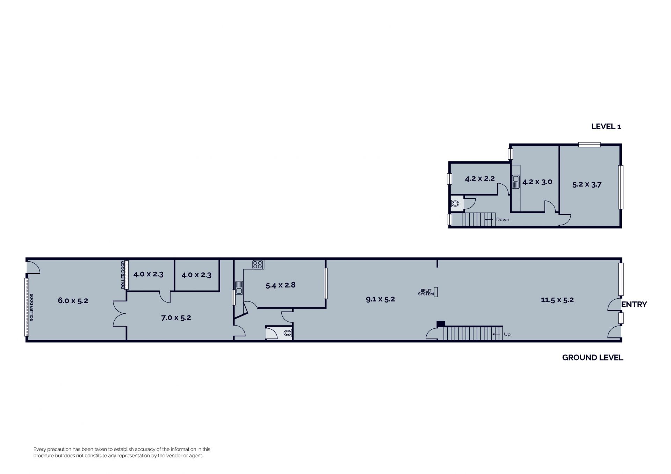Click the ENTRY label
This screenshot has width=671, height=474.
[634, 305]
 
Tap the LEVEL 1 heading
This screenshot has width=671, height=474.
[606, 127]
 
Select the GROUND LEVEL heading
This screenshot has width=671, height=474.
[592, 358]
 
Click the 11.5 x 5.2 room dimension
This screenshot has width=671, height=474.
[557, 300]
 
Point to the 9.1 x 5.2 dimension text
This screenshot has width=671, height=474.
[380, 299]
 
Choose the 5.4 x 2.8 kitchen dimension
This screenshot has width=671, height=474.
[280, 285]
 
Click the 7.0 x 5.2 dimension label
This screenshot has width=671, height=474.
[176, 318]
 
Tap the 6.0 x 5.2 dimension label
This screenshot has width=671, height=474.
[73, 300]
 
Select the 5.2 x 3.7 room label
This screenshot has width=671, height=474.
[587, 184]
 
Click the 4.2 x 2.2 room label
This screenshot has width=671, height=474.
[479, 178]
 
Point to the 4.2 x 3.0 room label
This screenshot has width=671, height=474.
[537, 182]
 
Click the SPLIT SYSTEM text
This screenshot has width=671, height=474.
[426, 292]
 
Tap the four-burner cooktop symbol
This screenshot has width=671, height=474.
[258, 264]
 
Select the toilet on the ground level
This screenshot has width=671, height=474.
[287, 333]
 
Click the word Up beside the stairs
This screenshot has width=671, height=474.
[507, 334]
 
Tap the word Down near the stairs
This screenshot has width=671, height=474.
[503, 219]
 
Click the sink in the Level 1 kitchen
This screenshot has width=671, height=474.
[516, 182]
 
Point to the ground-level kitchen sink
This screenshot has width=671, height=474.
[239, 288]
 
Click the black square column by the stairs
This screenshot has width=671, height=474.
[441, 324]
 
